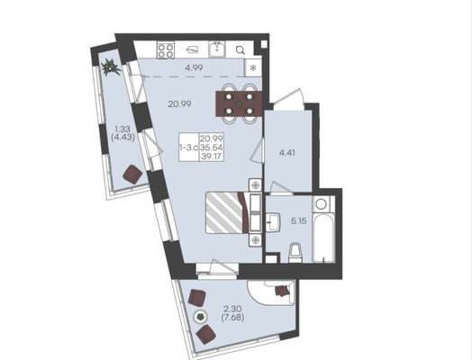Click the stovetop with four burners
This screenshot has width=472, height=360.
(166, 50)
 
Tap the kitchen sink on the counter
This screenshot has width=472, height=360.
(217, 49)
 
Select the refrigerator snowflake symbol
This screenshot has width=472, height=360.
(253, 67)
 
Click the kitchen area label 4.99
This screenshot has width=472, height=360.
(194, 67)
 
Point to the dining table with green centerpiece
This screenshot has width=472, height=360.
(239, 104)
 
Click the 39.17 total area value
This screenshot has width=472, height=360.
(212, 156)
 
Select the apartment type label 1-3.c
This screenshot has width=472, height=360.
(188, 148)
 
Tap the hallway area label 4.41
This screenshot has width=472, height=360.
(286, 153)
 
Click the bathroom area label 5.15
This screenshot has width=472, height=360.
(298, 221)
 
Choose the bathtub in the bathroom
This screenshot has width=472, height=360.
(323, 238)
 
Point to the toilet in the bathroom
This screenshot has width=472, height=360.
(295, 254)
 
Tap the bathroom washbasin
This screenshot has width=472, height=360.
(273, 222)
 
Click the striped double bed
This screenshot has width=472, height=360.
(227, 212)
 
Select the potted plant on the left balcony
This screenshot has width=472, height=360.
(111, 67)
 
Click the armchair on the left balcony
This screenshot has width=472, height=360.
(132, 174)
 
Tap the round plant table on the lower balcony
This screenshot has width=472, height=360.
(200, 317)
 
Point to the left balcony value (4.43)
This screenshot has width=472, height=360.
(123, 138)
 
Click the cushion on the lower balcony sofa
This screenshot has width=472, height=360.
(281, 291)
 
